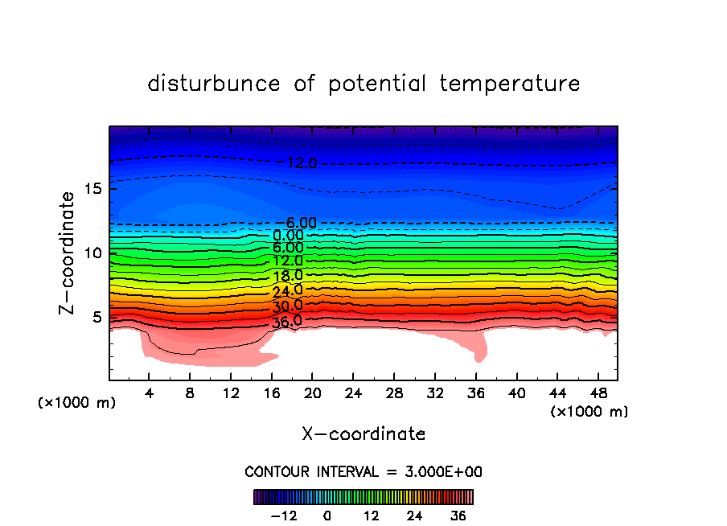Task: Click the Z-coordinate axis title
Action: tap(70, 252)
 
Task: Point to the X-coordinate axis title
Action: tap(363, 434)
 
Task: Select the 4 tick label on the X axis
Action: tap(150, 393)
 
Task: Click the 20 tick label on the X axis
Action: tap(313, 393)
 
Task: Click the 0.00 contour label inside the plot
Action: tap(287, 236)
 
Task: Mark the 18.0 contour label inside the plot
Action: tap(287, 277)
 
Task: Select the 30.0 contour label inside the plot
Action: tap(287, 306)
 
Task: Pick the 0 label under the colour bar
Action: tap(327, 516)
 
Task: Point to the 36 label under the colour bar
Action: tap(458, 516)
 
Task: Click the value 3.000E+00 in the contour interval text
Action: tap(441, 471)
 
